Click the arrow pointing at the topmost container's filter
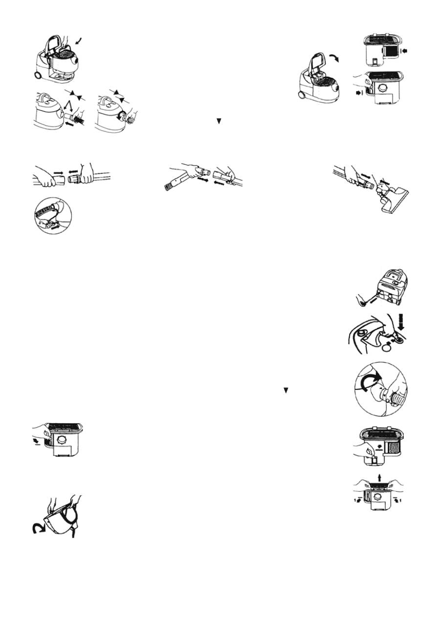pos(403,50)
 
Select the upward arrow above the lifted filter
pos(380,477)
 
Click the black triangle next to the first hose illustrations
pos(219,121)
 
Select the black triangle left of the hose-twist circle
pos(286,390)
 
